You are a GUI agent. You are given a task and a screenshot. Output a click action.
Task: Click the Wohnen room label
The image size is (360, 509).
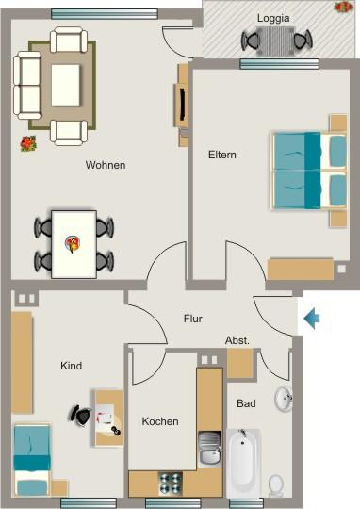pos(106,165)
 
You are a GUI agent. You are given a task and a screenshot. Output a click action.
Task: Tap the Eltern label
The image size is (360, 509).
pos(222,155)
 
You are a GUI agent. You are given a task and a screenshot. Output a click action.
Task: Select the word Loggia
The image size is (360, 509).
pos(273,18)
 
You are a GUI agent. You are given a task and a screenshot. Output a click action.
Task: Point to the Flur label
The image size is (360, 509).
pos(193,319)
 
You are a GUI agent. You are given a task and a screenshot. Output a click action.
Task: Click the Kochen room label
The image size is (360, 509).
pos(160,421)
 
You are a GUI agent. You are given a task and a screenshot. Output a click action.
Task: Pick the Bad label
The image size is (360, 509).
pos(246,403)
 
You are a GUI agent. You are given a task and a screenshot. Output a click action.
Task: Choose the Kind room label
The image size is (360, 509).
pos(71,366)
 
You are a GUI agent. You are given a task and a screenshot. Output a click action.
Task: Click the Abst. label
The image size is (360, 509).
pos(237,340)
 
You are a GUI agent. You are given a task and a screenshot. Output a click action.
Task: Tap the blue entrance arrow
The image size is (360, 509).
pos(312,319)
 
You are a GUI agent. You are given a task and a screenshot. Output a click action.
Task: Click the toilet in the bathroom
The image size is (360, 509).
pos(276,485)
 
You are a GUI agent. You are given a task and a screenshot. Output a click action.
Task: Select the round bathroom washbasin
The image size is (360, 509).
pos(284,399)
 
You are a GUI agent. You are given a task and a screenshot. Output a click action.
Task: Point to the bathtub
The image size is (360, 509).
pos(243,463)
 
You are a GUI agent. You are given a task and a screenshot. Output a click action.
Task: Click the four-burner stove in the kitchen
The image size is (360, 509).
pos(170,484)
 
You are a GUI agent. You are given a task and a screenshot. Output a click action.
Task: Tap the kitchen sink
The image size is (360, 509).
pos(210,449)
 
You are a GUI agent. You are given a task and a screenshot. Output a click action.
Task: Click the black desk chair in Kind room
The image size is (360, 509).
pos(80,415)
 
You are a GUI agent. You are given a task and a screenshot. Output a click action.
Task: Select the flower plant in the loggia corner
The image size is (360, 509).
pos(343,7)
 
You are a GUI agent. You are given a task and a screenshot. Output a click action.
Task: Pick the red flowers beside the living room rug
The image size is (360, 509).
pos(28,143)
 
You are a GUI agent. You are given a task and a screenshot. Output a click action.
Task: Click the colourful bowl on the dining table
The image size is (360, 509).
pos(73,244)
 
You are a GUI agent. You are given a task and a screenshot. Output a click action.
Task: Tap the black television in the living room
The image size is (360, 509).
pos(183,104)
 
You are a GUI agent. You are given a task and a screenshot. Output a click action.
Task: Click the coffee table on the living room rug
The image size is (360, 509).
pos(66,85)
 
